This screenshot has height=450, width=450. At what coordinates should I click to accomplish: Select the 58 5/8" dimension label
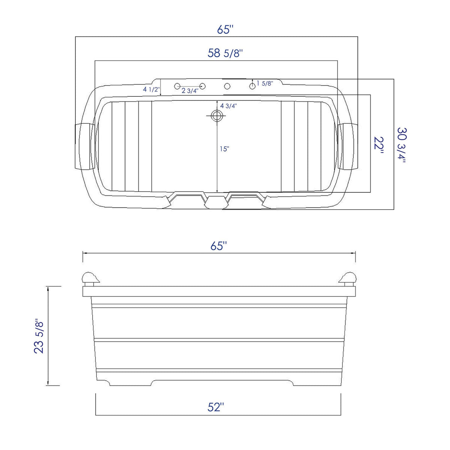[225, 53]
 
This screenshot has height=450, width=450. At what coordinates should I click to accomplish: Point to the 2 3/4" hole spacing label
[190, 91]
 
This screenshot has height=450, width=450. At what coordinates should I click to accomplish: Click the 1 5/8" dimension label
[265, 83]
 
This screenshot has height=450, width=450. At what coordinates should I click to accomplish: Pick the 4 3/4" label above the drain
[228, 106]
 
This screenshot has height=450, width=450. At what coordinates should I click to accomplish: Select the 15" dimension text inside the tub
[224, 149]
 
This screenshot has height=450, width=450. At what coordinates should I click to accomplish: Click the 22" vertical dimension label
[379, 143]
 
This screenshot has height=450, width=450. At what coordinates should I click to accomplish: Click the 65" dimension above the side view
[219, 246]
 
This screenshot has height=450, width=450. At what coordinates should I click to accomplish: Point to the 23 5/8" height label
[39, 336]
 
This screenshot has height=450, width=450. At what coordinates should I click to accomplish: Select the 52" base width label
[216, 407]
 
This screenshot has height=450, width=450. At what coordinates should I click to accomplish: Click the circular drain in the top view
[216, 116]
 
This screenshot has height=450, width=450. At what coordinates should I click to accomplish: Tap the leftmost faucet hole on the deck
[177, 86]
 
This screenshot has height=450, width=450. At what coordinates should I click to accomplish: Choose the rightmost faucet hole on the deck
[252, 86]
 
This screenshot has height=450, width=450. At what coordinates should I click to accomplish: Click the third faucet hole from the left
[227, 86]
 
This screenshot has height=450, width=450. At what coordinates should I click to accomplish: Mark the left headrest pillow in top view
[84, 146]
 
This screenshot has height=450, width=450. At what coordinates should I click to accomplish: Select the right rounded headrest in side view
[348, 278]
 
